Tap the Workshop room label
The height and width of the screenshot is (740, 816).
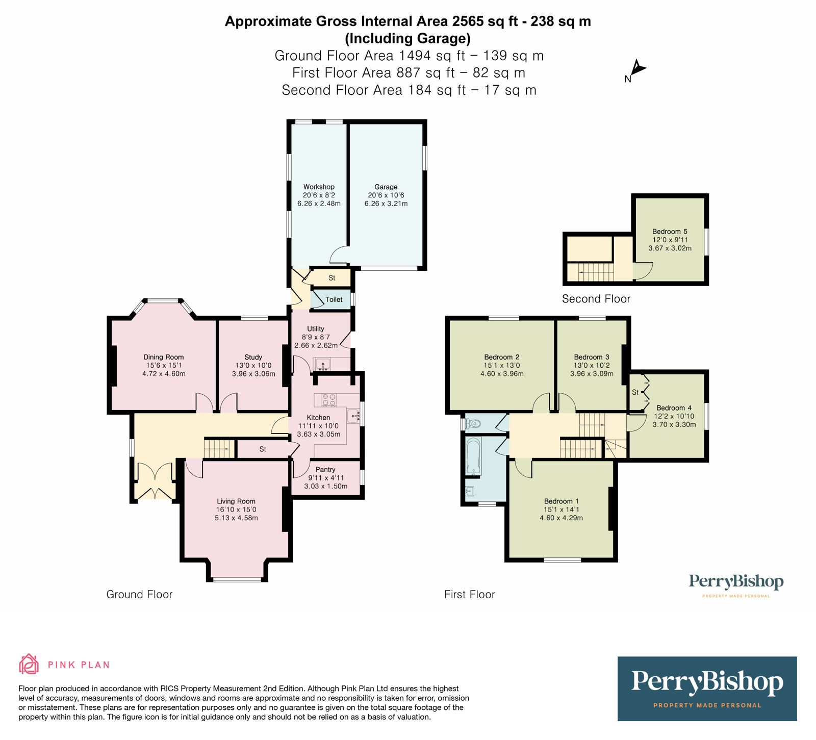[x=319, y=187]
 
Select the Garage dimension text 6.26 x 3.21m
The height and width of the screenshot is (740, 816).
[x=386, y=203]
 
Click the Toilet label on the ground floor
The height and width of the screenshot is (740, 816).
[x=334, y=299]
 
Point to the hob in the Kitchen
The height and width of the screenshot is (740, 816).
[x=328, y=400]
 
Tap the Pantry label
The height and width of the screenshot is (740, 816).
[x=325, y=469]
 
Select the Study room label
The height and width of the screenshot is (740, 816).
[x=253, y=357]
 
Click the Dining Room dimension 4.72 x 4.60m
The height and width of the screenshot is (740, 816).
[x=164, y=374]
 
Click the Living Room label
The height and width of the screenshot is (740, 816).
[x=236, y=501]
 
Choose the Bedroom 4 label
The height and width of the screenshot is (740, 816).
[x=674, y=408]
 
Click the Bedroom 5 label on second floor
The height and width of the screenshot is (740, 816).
[x=670, y=232]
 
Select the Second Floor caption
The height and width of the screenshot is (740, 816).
[x=596, y=299]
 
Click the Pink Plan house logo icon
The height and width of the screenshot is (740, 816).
[x=29, y=664]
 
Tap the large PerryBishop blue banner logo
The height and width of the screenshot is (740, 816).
[x=707, y=688]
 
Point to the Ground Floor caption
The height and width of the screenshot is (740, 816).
[x=139, y=594]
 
